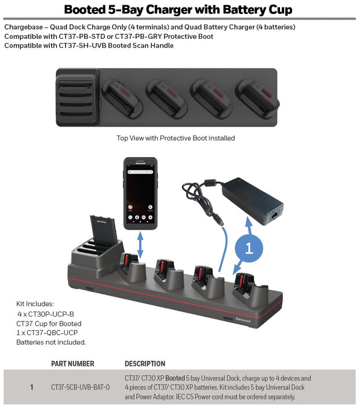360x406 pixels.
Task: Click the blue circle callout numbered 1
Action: tap(249, 249)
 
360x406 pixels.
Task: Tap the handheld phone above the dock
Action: tap(140, 193)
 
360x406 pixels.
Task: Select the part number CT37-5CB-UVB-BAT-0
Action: tap(80, 387)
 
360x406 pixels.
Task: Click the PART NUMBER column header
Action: tap(72, 364)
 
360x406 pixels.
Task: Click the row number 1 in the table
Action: tap(32, 387)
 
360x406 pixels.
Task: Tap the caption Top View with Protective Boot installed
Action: tap(176, 138)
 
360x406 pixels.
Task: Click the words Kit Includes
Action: tap(35, 303)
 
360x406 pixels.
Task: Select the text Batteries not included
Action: tap(51, 342)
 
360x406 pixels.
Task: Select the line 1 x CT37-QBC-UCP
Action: tap(47, 332)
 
